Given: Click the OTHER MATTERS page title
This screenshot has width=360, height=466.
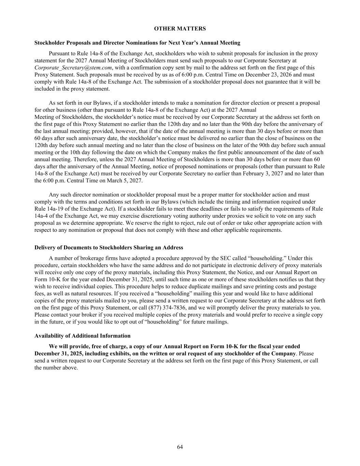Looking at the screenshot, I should (x=180, y=29).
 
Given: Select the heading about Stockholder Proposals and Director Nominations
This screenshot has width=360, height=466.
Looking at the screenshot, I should (x=137, y=43).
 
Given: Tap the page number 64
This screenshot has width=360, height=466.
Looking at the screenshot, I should (x=180, y=447).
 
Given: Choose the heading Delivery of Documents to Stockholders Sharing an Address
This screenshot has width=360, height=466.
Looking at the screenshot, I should (x=109, y=248).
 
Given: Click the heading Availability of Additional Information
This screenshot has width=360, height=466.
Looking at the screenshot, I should (x=82, y=336).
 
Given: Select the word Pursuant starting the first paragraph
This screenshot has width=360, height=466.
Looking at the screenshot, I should (x=59, y=54).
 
